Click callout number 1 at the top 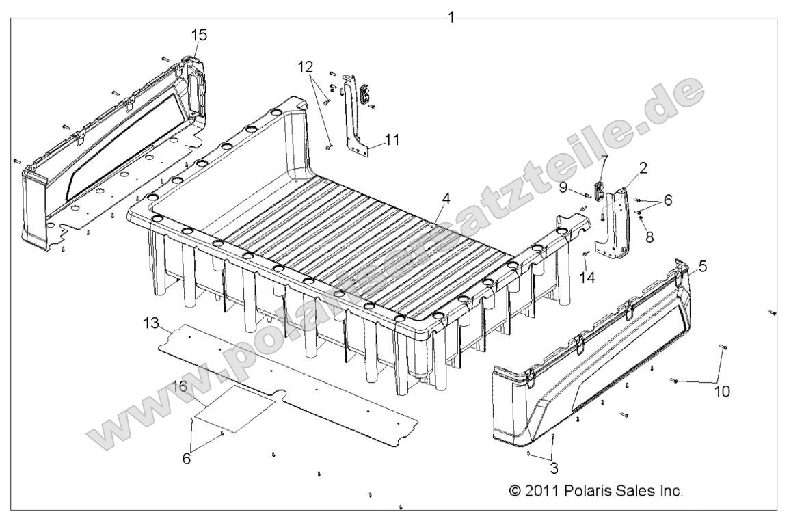(451, 16)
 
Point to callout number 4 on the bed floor (446, 199)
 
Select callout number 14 (584, 277)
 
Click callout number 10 (723, 391)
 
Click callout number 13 (154, 322)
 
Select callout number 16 (178, 386)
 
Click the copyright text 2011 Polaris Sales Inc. (596, 491)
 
